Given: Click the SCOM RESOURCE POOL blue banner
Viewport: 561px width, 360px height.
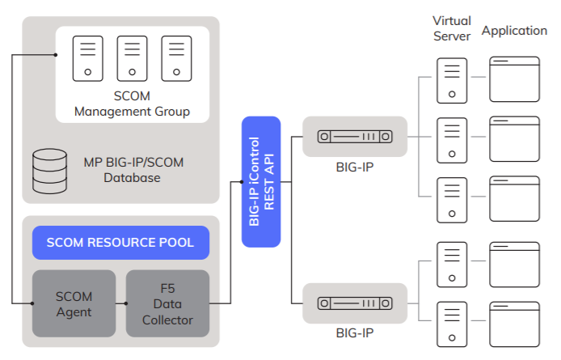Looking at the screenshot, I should (x=120, y=243).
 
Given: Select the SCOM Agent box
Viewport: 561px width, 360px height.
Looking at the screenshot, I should (x=74, y=303).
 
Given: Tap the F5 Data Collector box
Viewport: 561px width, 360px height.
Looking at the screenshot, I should (x=167, y=303).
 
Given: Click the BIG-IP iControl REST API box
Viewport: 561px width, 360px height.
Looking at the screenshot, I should (x=260, y=182).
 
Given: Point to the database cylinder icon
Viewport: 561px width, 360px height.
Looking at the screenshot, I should (x=49, y=168).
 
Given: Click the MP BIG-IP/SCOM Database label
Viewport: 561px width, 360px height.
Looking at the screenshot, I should (x=133, y=170).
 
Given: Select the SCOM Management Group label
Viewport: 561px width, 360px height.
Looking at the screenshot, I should (x=132, y=104).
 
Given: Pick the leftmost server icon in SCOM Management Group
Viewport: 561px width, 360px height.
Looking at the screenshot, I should (x=87, y=58).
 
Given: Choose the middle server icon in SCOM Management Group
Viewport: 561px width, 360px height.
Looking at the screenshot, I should (x=132, y=58).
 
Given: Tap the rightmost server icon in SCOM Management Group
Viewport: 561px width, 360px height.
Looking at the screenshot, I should (x=175, y=58).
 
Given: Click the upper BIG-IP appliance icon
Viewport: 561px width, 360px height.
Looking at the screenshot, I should (x=355, y=137).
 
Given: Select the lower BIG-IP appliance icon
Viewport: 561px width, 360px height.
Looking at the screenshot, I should (x=355, y=303).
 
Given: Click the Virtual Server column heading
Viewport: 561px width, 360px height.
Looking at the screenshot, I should (x=452, y=28).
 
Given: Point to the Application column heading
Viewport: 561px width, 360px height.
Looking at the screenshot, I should (x=514, y=31).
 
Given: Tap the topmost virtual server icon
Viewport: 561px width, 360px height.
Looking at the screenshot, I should (x=451, y=78).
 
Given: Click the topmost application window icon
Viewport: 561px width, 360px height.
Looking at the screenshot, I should (x=514, y=78).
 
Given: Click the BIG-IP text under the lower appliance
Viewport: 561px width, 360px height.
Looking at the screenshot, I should (x=355, y=332).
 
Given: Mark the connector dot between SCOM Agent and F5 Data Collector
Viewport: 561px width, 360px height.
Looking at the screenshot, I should (x=126, y=303).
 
